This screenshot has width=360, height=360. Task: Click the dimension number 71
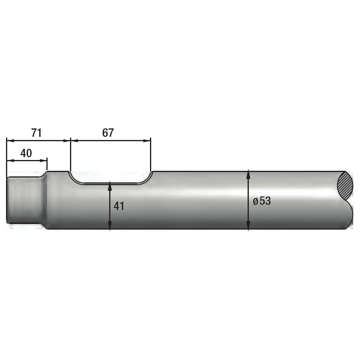coord(36,133)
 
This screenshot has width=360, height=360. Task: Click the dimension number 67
coord(108,133)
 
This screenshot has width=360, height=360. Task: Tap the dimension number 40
coord(26,153)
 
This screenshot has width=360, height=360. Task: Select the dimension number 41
coord(119,206)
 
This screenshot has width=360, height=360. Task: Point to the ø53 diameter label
coord(262,201)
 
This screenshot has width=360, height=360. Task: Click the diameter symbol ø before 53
coord(256,202)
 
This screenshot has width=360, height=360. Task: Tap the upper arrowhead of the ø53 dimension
coord(248,175)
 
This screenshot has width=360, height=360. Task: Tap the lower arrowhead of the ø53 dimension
coord(248,225)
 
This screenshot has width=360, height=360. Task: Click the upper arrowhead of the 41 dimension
coord(110,186)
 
